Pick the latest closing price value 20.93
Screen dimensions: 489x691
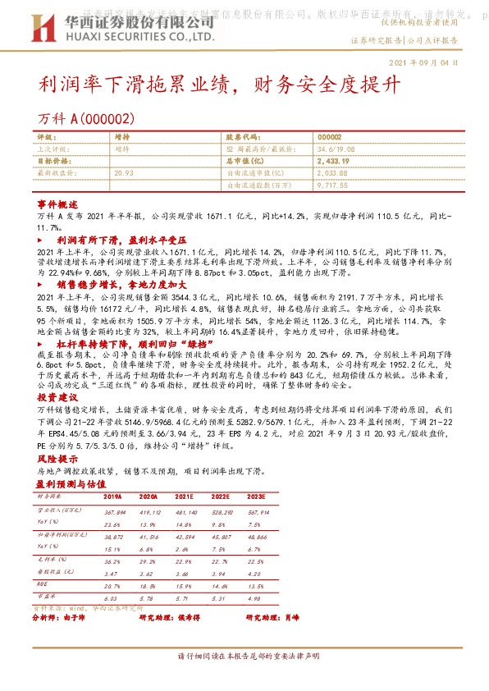click(124, 173)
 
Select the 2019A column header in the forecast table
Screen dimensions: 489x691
click(112, 497)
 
